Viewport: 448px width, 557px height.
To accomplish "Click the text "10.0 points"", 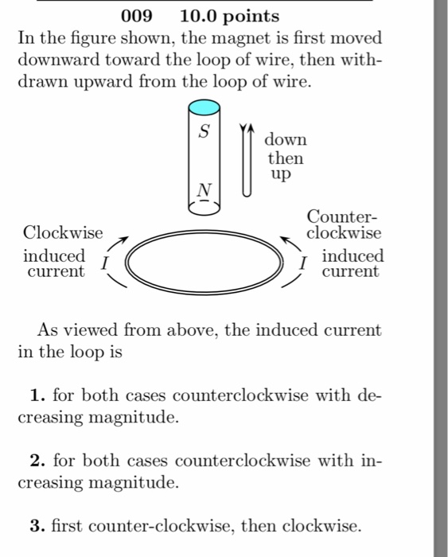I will pos(230,16).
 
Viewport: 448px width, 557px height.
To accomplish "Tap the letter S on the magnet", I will pos(205,133).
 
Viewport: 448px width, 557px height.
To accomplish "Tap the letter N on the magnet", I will pos(205,191).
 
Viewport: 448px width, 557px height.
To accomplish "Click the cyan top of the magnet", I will pos(205,107).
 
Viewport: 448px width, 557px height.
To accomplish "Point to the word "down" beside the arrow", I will pos(286,140).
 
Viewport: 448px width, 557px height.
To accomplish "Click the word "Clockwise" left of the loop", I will pos(63,232).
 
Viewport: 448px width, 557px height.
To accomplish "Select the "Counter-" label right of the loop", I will pos(343,216).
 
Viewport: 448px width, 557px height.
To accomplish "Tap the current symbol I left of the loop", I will pos(106,263).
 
